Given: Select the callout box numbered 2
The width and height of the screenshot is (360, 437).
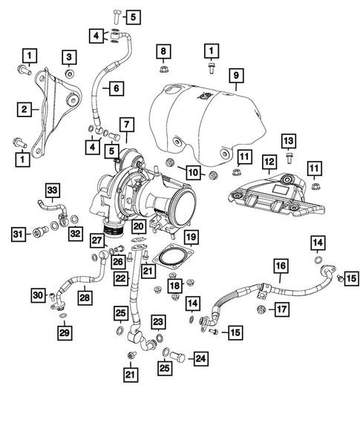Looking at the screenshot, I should point(24,110).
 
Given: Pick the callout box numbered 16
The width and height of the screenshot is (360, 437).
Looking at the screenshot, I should point(280,266).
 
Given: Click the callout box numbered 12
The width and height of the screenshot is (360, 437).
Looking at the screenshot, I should point(269,161).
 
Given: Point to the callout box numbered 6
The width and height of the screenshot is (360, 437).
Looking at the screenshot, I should point(116,88).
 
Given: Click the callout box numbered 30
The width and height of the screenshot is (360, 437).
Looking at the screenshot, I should point(37,296).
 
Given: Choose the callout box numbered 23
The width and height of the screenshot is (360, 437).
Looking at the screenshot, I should point(158,321).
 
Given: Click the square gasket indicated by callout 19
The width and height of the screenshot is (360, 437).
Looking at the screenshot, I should point(171,258).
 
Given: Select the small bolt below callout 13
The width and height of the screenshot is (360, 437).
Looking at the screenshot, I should point(289,157).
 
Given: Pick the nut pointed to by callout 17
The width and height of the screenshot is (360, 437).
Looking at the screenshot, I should point(261,308).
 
